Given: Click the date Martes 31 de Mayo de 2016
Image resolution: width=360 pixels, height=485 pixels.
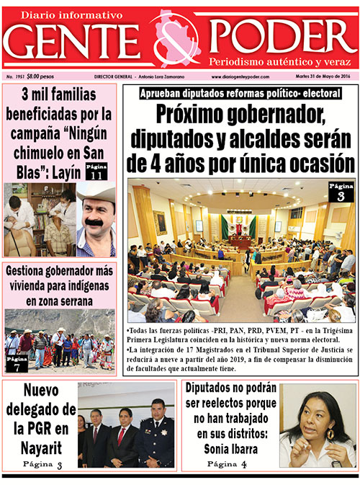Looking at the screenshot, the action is point(324,76).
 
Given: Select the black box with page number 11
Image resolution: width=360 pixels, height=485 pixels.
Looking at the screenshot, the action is point(96,171).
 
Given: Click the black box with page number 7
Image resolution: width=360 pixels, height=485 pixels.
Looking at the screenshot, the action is point(17,362).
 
